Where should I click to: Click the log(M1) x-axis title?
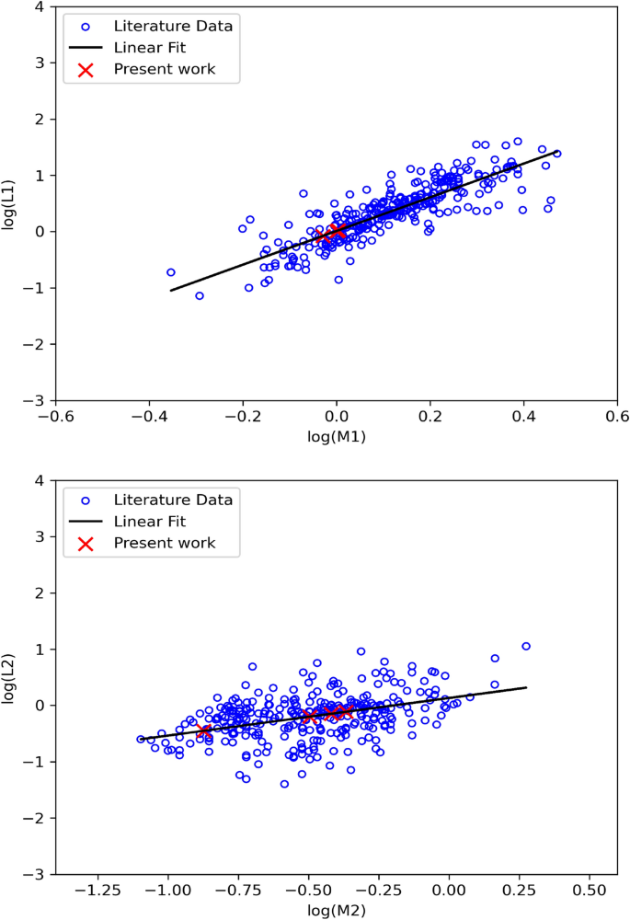point(337,437)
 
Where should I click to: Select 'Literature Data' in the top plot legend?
point(172,26)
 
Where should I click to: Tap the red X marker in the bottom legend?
point(86,544)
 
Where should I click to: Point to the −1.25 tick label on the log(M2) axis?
point(97,890)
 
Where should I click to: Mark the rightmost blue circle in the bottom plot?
point(526,646)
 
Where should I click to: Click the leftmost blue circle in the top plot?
point(171,272)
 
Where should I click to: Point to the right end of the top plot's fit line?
point(559,152)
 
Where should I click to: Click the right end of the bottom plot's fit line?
point(526,687)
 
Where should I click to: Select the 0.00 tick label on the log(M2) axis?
point(449,890)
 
